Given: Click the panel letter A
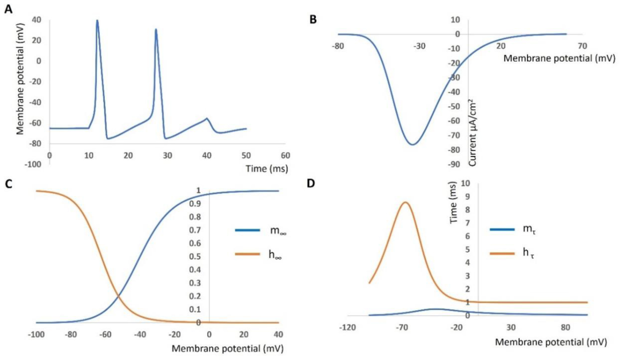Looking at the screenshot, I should [8, 9].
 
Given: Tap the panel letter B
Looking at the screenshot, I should [313, 19].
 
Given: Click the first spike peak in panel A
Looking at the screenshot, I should [97, 21].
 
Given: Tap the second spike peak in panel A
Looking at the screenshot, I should [156, 29].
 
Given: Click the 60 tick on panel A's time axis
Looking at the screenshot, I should [285, 155].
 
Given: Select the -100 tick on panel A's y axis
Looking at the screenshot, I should [33, 164].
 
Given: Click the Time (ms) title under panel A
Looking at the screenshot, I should [266, 168].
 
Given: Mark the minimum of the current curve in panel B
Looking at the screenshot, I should [412, 144].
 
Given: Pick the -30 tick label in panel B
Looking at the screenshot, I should [419, 46].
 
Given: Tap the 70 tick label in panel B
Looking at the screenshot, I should [582, 46].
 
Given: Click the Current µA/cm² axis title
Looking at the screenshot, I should [473, 133].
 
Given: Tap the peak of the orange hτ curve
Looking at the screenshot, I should [405, 202].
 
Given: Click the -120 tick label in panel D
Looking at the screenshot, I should [347, 327].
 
